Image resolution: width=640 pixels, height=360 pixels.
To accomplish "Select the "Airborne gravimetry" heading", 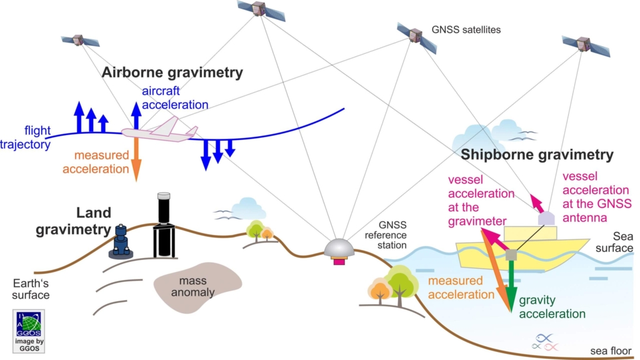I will (172, 73).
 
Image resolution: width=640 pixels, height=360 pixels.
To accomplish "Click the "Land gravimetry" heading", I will (73, 221).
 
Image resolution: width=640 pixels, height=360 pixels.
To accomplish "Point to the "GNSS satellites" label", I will (466, 29).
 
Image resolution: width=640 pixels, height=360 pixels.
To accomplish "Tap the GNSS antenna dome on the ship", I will (546, 218).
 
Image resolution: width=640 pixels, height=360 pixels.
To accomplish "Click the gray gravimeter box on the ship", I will (512, 254).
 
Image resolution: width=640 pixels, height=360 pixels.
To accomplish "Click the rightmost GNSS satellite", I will (585, 44).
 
